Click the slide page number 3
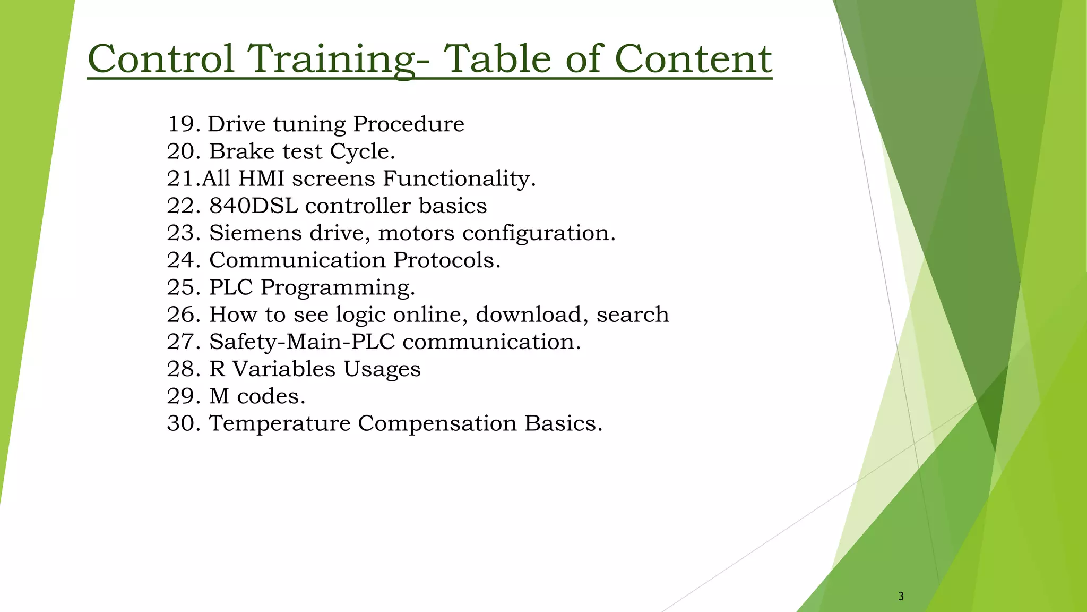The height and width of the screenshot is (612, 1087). tap(901, 597)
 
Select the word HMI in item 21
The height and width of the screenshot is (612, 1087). tap(262, 178)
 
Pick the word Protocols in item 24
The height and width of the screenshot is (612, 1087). tap(446, 260)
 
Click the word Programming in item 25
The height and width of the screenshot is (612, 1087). tap(338, 288)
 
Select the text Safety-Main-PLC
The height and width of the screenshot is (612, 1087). tap(302, 342)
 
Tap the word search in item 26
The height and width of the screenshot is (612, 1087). tap(632, 314)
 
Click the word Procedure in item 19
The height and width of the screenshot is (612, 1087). tap(409, 124)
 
